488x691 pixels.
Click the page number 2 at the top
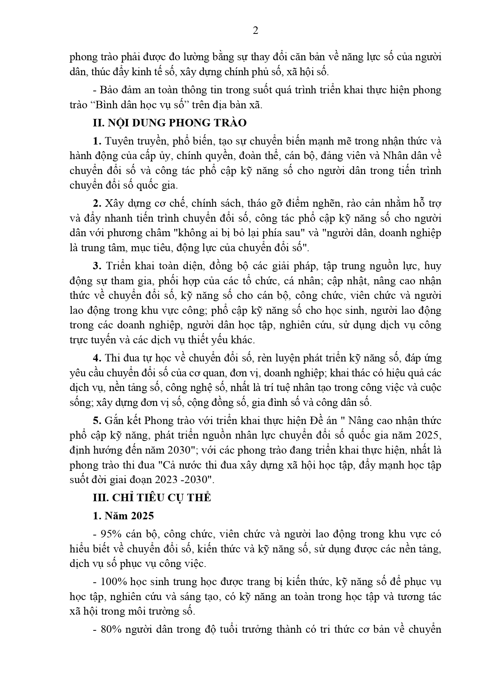pyautogui.click(x=255, y=31)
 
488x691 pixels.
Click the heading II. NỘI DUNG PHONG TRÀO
pyautogui.click(x=169, y=123)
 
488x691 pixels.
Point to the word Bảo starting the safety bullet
pyautogui.click(x=111, y=90)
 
